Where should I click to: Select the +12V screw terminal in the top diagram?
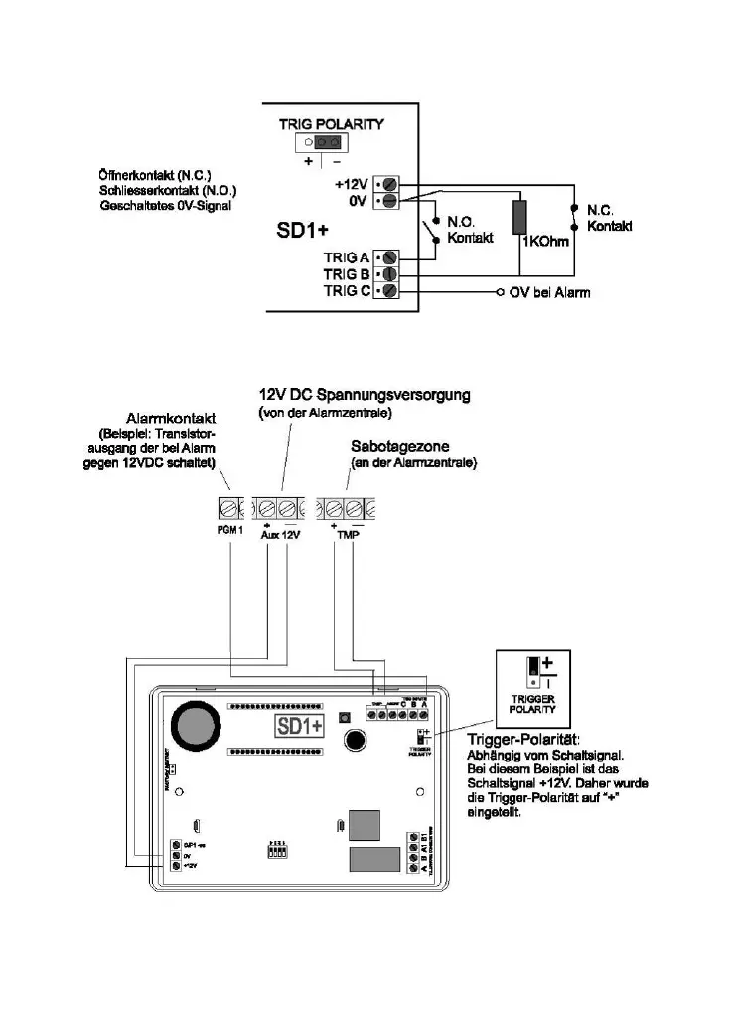389,185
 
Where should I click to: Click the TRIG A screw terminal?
389,257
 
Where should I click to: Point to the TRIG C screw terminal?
389,291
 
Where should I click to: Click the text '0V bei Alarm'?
549,292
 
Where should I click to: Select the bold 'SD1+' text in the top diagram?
301,233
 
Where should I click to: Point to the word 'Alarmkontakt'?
171,419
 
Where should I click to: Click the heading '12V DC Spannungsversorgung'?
364,395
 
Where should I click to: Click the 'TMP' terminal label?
345,534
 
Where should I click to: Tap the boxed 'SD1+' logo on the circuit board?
300,726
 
